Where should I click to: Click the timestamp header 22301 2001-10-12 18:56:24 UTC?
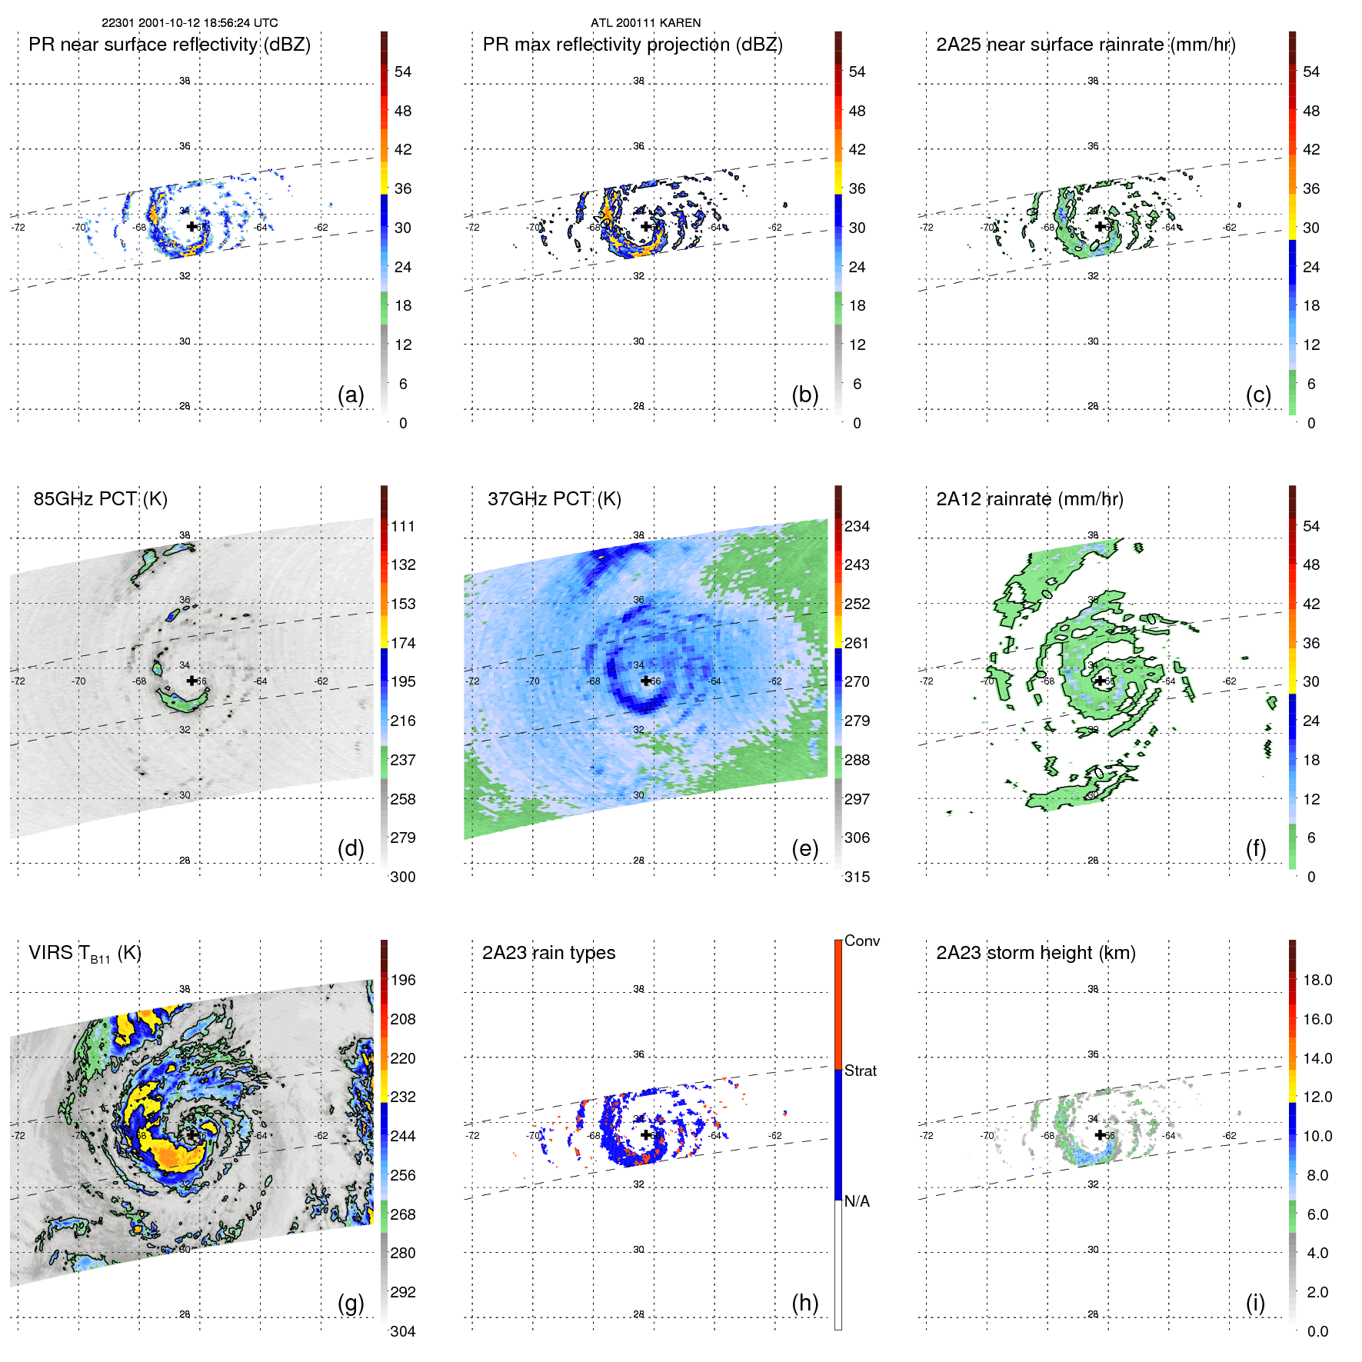(x=190, y=23)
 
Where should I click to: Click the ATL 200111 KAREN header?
(x=645, y=23)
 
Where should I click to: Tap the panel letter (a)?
(x=351, y=395)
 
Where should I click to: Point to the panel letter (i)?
(x=1255, y=1303)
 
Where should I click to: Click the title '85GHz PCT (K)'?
(x=100, y=499)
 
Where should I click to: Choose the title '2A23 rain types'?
(x=548, y=953)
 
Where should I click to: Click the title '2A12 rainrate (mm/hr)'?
(x=1030, y=499)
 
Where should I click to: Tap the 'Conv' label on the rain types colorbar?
(x=862, y=941)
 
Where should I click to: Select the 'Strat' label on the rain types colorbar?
(x=861, y=1071)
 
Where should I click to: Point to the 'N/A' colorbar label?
(x=857, y=1201)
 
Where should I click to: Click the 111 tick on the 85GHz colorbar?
(x=403, y=526)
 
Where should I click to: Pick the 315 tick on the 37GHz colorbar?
(x=857, y=877)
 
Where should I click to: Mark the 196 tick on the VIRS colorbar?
(x=403, y=980)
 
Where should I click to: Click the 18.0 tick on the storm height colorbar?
(x=1317, y=980)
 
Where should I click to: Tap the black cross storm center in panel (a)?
(x=191, y=226)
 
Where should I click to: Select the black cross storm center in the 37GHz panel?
(x=645, y=681)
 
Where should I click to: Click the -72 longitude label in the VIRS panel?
(x=18, y=1135)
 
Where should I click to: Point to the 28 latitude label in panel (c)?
(x=1093, y=406)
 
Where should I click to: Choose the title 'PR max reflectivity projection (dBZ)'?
(x=632, y=45)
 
